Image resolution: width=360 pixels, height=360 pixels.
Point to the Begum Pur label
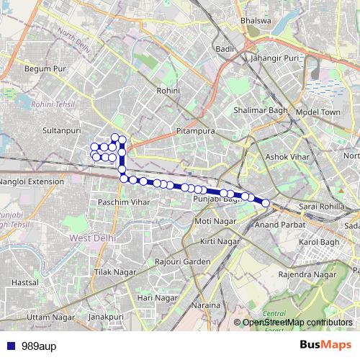(45, 68)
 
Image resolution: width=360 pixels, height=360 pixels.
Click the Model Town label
(317, 113)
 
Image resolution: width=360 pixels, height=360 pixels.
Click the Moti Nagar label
(215, 220)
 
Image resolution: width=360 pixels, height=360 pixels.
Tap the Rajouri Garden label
(186, 261)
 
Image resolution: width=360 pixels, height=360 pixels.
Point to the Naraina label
(207, 305)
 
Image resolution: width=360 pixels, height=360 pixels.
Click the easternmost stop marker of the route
(265, 203)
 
